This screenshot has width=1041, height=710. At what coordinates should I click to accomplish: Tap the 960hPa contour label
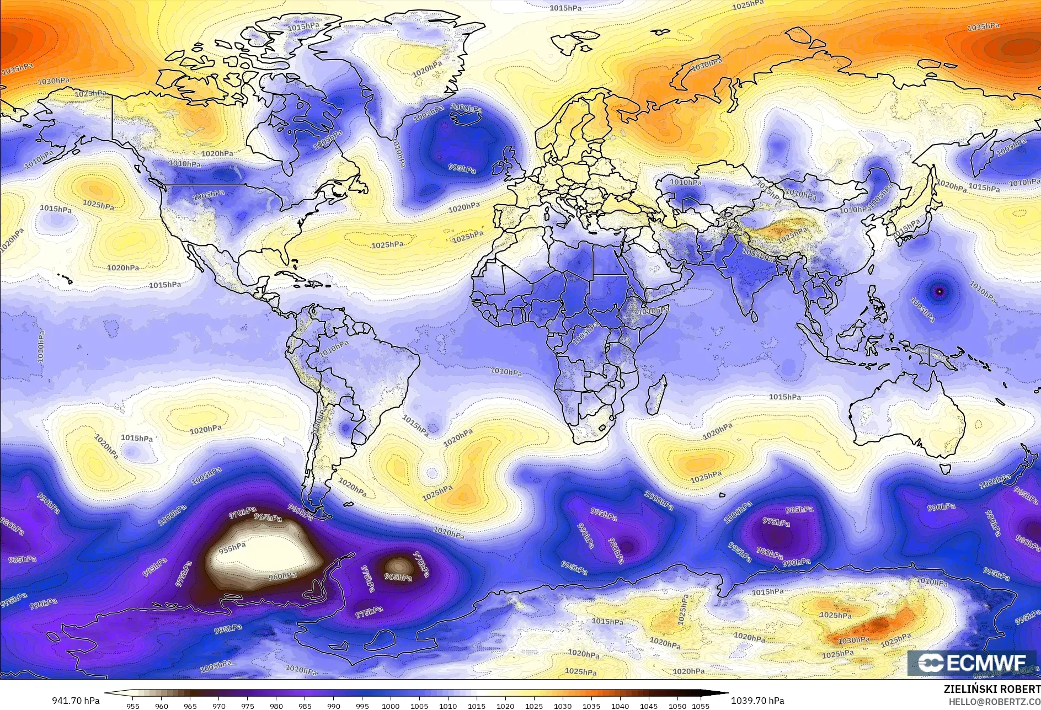(282, 576)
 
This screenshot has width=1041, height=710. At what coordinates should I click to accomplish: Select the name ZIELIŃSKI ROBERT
(992, 690)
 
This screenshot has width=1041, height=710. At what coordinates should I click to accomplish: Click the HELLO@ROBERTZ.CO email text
(994, 701)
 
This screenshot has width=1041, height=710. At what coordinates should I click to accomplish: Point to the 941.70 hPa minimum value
(76, 701)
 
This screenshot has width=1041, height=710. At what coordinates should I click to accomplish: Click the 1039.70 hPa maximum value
(757, 701)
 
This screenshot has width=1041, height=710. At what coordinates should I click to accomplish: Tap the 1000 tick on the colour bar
(391, 706)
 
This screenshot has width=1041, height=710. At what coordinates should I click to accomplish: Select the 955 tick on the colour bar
(132, 706)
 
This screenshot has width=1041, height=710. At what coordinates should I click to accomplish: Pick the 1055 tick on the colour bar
(701, 706)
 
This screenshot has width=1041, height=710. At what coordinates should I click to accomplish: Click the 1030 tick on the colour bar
(563, 706)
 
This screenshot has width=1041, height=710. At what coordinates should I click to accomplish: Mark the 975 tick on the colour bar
(247, 706)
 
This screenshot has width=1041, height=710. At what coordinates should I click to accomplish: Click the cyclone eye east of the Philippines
(940, 290)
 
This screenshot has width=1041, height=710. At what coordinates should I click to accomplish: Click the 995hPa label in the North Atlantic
(462, 168)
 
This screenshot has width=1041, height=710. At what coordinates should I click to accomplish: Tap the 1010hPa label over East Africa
(653, 311)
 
